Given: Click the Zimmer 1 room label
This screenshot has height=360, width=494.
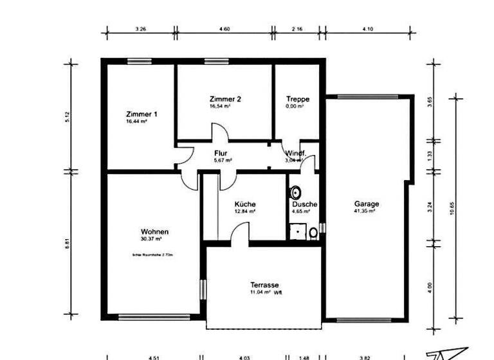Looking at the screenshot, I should click(x=142, y=114).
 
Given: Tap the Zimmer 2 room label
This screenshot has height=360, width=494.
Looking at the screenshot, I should click(x=225, y=99).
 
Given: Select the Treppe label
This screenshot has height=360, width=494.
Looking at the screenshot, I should click(x=298, y=99).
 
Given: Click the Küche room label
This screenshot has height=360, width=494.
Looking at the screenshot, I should click(x=245, y=204).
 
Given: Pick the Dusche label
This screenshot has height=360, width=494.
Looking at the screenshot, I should click(x=304, y=204).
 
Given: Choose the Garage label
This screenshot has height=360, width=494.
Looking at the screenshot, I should click(x=367, y=204).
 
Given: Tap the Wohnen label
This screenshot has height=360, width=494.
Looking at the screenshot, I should click(x=155, y=231).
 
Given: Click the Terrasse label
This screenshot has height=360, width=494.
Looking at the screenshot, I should click(x=264, y=284).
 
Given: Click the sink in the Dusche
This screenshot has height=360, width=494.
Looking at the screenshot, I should click(x=296, y=192).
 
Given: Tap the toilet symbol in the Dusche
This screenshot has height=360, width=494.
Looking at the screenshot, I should click(x=313, y=232).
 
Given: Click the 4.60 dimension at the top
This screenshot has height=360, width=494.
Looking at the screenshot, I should click(x=224, y=29).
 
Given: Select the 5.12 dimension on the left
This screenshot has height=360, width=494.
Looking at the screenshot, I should click(x=67, y=117).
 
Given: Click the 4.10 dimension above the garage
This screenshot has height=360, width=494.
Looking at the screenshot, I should click(x=367, y=29).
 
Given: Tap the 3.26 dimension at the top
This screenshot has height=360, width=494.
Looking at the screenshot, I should click(x=141, y=29).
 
